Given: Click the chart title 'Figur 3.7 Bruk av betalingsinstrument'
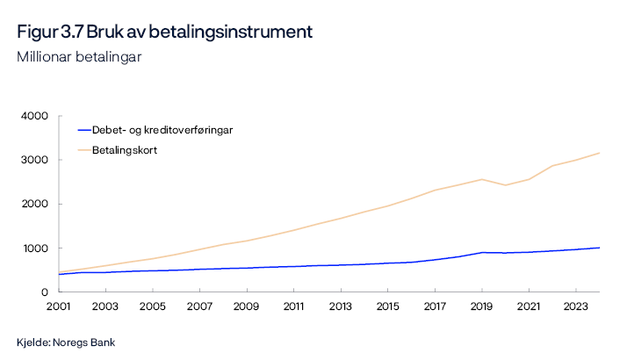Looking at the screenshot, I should pos(164,32).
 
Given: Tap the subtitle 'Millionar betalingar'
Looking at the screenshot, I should pos(79,57).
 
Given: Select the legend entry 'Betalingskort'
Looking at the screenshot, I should pos(124,150).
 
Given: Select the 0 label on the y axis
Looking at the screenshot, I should pos(44,292).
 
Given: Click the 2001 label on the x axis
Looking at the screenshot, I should pos(58,307).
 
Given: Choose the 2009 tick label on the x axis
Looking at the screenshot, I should pos(246,307).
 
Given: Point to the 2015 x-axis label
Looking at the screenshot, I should pos(387,307).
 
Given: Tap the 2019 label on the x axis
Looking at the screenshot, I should pos(481,307).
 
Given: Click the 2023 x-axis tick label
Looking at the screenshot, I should pos(575,307).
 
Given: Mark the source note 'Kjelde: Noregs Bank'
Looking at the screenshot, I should pos(66,342).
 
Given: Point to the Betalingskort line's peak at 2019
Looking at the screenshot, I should pos(481,179).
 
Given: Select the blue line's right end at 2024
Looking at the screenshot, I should pos(599,248).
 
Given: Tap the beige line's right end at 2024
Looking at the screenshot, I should pos(599,153).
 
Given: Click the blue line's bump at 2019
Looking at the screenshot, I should pos(481,252).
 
